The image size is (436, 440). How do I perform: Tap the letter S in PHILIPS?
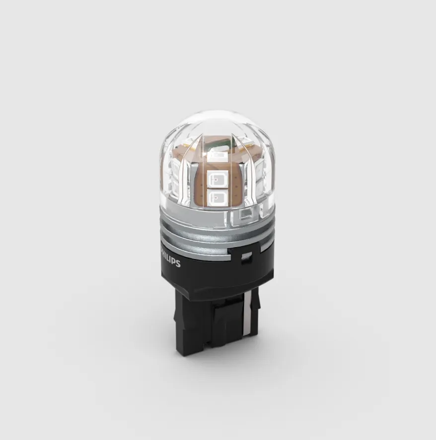[x=179, y=264]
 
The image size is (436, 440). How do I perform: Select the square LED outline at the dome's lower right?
[x=244, y=215]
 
